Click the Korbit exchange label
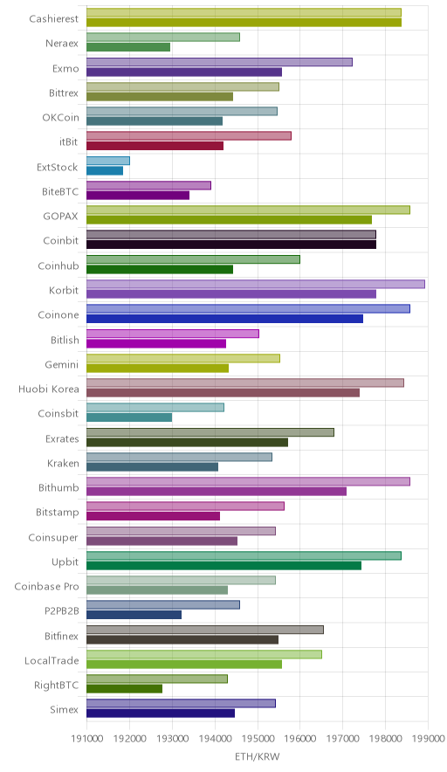tap(64, 290)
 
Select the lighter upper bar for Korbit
tap(256, 284)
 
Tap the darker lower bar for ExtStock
tap(105, 171)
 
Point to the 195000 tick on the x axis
tap(258, 739)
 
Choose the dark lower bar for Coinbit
tap(231, 245)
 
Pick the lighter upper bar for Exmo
tap(219, 62)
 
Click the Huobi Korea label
tap(49, 389)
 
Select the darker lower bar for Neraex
tap(128, 47)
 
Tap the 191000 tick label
tap(86, 739)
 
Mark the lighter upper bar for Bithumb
tap(248, 481)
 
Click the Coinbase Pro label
tap(47, 586)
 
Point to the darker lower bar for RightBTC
tap(125, 689)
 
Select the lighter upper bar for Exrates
tap(210, 432)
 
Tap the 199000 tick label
tap(428, 739)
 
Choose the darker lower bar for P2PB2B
tap(134, 615)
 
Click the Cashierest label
tap(53, 18)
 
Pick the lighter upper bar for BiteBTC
tap(148, 185)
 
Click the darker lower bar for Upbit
tap(224, 566)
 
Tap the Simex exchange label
tap(64, 709)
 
